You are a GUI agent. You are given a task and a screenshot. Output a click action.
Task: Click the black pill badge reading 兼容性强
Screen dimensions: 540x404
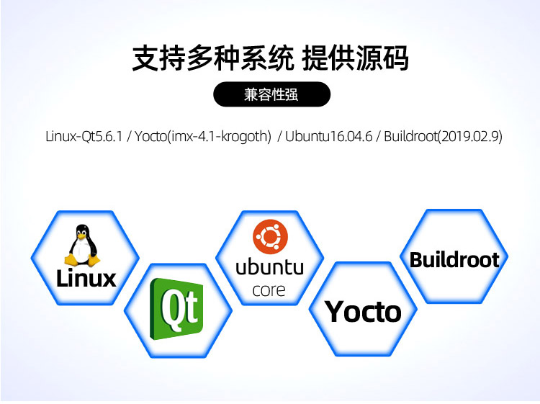click(271, 94)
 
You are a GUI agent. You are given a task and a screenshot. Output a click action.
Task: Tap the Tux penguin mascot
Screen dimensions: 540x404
click(82, 246)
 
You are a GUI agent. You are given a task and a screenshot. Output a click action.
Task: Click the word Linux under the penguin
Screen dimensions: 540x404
click(86, 278)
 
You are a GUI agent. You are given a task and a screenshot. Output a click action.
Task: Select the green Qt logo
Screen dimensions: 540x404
click(176, 309)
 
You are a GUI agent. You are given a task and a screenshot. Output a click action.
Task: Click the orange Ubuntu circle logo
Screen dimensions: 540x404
click(270, 237)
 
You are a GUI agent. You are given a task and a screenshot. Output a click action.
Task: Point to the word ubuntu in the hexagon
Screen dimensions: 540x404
click(270, 267)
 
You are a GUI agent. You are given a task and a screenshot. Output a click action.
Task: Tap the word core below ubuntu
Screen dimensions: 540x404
click(269, 291)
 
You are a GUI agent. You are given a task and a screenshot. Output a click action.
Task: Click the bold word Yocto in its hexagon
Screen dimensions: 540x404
click(363, 312)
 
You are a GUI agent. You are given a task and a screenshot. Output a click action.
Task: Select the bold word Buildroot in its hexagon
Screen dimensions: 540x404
click(454, 260)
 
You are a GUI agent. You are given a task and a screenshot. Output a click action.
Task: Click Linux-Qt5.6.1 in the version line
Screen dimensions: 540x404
click(84, 136)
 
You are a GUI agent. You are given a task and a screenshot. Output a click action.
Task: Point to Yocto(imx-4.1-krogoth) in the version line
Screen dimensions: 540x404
click(203, 136)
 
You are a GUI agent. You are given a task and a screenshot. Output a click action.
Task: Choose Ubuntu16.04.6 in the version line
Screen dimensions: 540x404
click(329, 136)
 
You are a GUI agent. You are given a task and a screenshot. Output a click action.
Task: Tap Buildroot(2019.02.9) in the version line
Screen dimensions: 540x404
click(444, 136)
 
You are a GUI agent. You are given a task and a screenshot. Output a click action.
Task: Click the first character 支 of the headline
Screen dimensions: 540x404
click(145, 58)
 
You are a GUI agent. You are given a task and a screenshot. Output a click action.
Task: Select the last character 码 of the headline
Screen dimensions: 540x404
click(396, 58)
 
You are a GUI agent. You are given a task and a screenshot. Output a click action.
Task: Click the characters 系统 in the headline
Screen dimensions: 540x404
click(267, 58)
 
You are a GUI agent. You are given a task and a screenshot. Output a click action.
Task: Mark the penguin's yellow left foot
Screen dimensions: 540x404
click(71, 260)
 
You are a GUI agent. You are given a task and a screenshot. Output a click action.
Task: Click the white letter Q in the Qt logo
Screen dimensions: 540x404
click(172, 308)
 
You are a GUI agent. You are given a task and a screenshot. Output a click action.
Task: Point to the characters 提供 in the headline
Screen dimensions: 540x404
click(328, 58)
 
